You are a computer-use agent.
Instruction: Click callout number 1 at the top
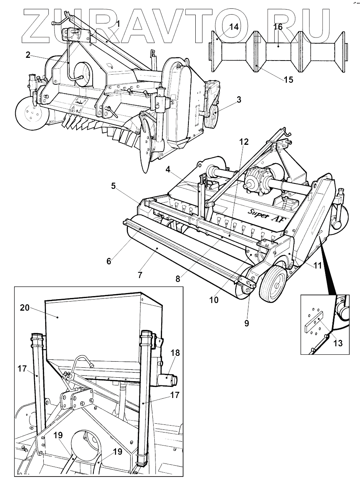(x=118, y=23)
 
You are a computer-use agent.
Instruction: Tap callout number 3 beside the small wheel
(x=239, y=100)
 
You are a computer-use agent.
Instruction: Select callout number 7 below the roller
(x=140, y=275)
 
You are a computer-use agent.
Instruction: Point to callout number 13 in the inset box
(x=338, y=343)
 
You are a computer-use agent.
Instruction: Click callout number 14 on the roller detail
(x=234, y=27)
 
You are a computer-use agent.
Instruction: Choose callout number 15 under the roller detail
(x=288, y=79)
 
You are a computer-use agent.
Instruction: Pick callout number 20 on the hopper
(x=25, y=308)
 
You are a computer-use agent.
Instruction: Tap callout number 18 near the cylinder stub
(x=175, y=352)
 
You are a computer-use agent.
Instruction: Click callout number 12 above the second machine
(x=244, y=142)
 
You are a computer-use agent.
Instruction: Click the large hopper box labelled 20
(x=103, y=329)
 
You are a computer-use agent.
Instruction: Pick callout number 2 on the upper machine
(x=28, y=55)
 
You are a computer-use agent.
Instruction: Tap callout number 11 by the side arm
(x=317, y=265)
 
